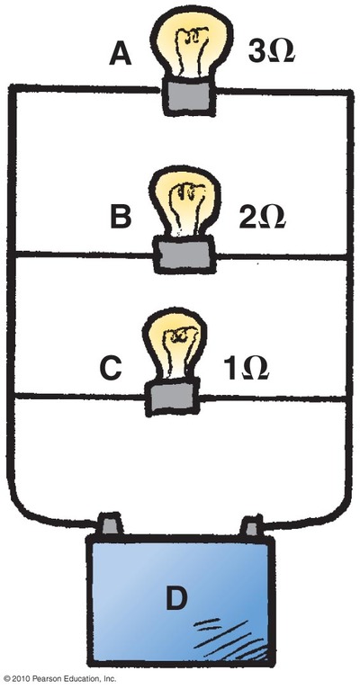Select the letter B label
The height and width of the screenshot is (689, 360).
[x=121, y=217]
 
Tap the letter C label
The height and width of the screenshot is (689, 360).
[x=111, y=368]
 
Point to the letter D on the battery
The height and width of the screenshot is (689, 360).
[x=176, y=598]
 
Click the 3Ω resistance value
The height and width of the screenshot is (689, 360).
[x=271, y=51]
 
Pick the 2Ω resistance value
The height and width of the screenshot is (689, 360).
[x=263, y=217]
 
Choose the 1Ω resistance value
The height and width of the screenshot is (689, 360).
[x=247, y=368]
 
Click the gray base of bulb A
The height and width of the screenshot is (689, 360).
[x=191, y=96]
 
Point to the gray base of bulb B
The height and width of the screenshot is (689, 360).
[x=184, y=255]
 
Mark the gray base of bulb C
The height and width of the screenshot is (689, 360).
[x=172, y=398]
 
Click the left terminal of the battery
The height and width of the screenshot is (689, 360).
[x=110, y=523]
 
